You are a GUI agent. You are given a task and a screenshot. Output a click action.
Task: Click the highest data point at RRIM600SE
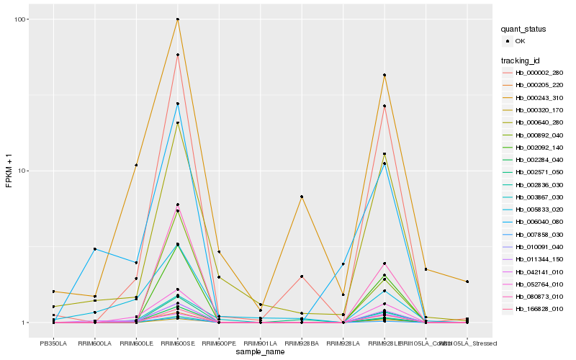pyautogui.click(x=177, y=19)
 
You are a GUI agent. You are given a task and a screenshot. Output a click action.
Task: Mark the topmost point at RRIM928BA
pyautogui.click(x=302, y=197)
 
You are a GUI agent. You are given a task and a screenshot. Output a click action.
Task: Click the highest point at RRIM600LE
pyautogui.click(x=136, y=165)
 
